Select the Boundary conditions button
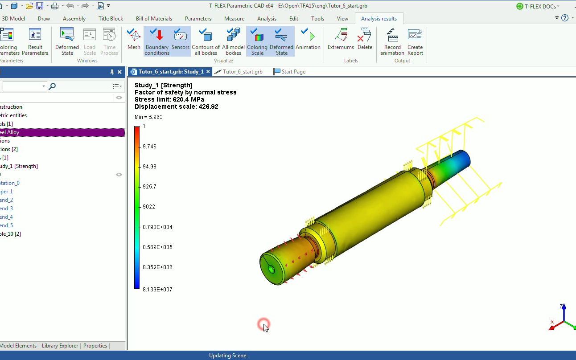(157, 41)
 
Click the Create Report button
(415, 41)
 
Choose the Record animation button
(392, 41)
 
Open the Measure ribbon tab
(234, 19)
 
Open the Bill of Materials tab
(154, 19)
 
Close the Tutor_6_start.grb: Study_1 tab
(209, 72)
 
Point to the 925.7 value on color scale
(149, 187)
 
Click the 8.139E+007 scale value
(157, 290)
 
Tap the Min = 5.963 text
(148, 117)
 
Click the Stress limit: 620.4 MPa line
(169, 99)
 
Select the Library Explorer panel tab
(60, 346)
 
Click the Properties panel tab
(95, 346)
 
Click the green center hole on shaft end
(272, 269)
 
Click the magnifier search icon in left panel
(52, 86)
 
